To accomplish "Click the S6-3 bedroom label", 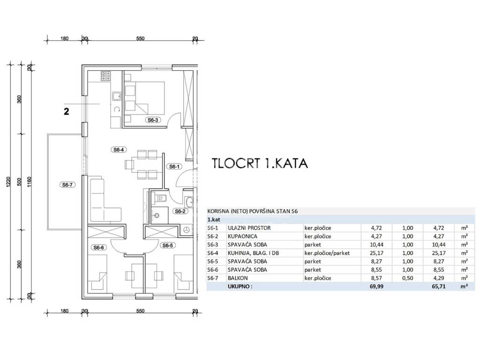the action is coord(153,120).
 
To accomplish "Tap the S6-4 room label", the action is coord(119,150).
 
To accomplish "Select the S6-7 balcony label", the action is coord(67,185).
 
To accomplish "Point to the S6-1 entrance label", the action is coord(174,166).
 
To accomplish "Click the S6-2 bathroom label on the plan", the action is coord(180,211).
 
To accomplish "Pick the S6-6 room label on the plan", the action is coord(98,247).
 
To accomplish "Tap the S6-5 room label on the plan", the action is coord(167,246).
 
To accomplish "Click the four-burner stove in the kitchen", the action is coord(106,76).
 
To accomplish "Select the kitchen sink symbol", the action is coord(116,97).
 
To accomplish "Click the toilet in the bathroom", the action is coord(160,198).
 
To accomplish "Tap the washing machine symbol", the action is coord(186,230).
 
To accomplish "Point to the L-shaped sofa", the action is coord(103,201).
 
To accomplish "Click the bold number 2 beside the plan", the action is coord(67,111).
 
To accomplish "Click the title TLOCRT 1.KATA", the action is coord(260,164).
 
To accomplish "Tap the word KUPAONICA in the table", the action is coord(242,236).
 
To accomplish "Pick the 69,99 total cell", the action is coord(377,286).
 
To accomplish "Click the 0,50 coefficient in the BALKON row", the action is coord(407,278).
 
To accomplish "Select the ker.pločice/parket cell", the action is coord(327,253).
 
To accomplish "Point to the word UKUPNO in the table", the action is coord(240,286).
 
